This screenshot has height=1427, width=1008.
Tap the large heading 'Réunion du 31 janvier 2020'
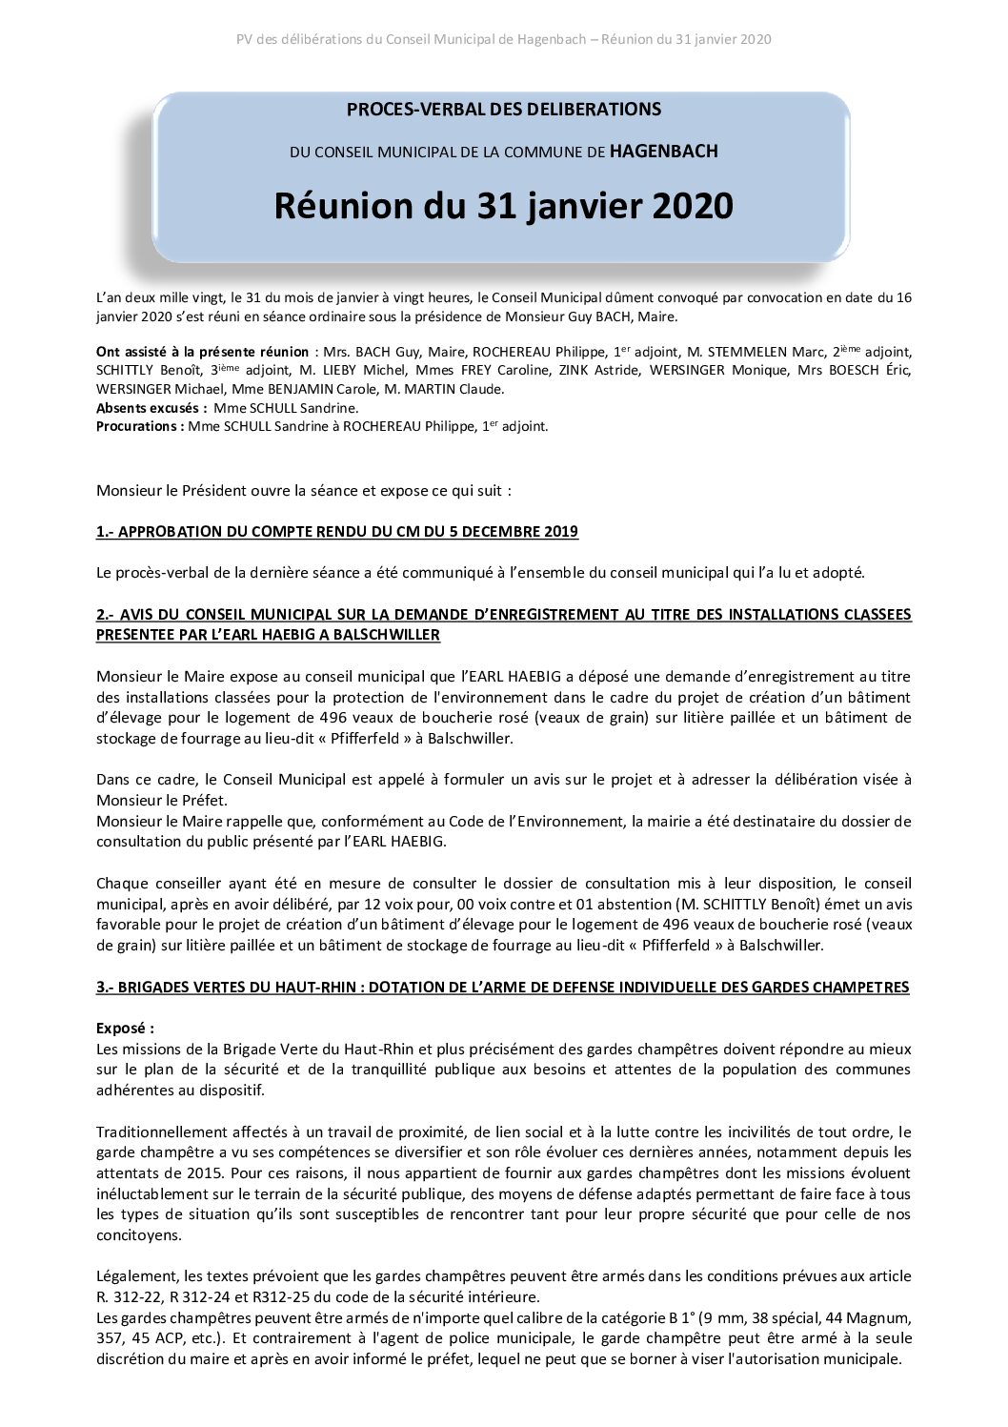(x=503, y=205)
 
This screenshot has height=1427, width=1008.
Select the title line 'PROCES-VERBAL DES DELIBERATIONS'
(x=503, y=110)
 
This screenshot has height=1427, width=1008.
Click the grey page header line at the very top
(x=503, y=40)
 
